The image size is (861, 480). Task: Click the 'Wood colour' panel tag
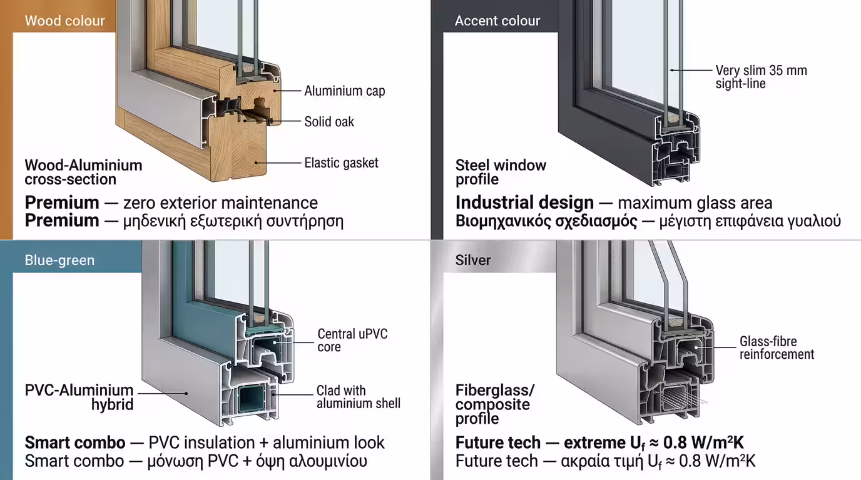click(x=64, y=21)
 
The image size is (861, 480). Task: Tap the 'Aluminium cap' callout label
click(x=344, y=91)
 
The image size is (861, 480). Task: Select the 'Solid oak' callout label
click(x=329, y=121)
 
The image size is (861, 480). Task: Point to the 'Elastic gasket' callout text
click(x=341, y=163)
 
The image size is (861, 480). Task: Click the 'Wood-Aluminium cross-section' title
click(x=83, y=172)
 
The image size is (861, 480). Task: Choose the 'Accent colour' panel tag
click(x=497, y=21)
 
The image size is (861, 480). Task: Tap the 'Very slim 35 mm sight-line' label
click(x=761, y=77)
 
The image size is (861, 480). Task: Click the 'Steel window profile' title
click(x=501, y=172)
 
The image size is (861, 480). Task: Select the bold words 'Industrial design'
click(x=524, y=202)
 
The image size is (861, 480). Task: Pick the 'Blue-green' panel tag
click(x=59, y=260)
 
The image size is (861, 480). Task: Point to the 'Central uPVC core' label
click(x=352, y=340)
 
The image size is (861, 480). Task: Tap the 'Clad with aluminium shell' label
click(x=358, y=397)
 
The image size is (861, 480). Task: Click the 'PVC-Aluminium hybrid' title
click(x=79, y=397)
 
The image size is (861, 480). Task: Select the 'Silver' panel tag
click(x=473, y=260)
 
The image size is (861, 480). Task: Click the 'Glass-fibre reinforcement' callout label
click(x=777, y=348)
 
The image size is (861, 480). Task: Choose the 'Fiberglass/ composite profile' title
click(x=495, y=404)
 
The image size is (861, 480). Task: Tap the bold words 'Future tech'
click(x=497, y=443)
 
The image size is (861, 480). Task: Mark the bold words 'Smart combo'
click(x=75, y=443)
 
